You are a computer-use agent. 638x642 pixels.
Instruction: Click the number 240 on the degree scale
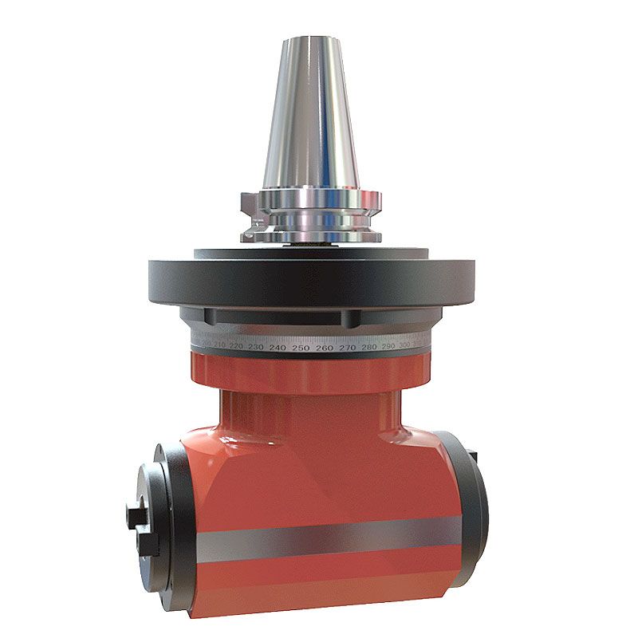point(278,349)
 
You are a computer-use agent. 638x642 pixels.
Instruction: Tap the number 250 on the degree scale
point(301,349)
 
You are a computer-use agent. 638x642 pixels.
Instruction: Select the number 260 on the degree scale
point(324,349)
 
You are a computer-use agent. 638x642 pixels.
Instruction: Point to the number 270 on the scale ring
point(347,349)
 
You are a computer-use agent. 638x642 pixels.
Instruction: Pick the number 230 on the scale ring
point(255,348)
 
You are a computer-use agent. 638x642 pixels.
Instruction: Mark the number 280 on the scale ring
point(369,348)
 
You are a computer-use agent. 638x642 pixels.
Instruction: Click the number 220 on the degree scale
point(235,346)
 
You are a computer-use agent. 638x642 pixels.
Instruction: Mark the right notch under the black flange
point(349,318)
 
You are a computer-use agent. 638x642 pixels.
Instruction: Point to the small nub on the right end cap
point(476,455)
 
